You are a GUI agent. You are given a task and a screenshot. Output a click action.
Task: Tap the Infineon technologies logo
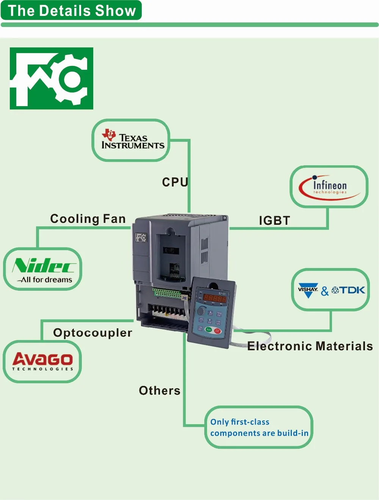point(329,187)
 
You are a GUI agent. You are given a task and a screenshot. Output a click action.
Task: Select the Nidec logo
point(44,266)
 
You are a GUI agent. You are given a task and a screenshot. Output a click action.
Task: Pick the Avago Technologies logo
point(42,361)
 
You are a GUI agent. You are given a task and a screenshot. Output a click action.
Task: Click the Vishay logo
point(308,290)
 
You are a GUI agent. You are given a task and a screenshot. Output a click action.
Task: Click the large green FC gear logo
point(52,78)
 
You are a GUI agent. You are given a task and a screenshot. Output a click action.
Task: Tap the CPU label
point(175,182)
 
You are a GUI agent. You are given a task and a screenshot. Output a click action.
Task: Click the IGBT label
point(274,221)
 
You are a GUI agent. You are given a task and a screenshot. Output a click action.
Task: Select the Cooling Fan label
point(88,219)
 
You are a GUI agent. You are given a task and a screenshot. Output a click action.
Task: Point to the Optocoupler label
point(92,333)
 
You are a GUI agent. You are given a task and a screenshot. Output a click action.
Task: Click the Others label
point(160,390)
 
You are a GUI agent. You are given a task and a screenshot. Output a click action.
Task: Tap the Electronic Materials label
point(310,346)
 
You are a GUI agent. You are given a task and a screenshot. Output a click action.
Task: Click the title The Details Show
point(72,11)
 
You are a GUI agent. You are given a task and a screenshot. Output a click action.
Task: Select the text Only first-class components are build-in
point(259,428)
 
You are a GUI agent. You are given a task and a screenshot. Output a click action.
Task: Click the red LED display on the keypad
point(215,298)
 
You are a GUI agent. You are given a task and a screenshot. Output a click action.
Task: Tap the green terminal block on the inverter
point(167,292)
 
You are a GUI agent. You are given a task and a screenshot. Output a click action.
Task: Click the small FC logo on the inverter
point(141,237)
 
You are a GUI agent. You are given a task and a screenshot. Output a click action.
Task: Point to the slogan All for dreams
point(46,280)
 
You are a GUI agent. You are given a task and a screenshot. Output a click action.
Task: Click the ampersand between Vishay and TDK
point(325,291)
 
